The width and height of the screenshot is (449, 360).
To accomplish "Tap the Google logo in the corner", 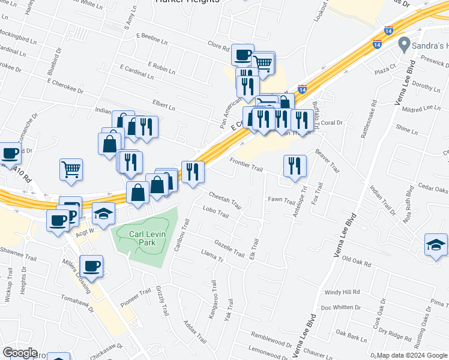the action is pos(19,353).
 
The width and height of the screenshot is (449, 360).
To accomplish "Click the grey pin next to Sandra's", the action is pos(404,44).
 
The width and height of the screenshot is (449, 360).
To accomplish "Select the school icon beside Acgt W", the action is pos(103,214).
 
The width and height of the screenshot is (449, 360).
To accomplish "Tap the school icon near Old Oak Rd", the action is pos(436,245).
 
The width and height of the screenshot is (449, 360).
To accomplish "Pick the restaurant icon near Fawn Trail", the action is pos(295,166).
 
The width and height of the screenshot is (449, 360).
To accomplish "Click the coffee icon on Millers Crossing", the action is pos(91,266).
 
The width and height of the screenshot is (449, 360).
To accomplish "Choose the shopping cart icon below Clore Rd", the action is pos(263,62).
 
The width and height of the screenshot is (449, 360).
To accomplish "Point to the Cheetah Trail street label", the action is pos(225,200).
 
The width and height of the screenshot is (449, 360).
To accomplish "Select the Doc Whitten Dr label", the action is pos(340,307).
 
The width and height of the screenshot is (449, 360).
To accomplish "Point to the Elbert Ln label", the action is pos(164,108).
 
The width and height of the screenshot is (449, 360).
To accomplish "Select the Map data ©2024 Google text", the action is pos(412,355).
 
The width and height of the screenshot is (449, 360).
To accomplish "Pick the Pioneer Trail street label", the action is pos(135,298).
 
